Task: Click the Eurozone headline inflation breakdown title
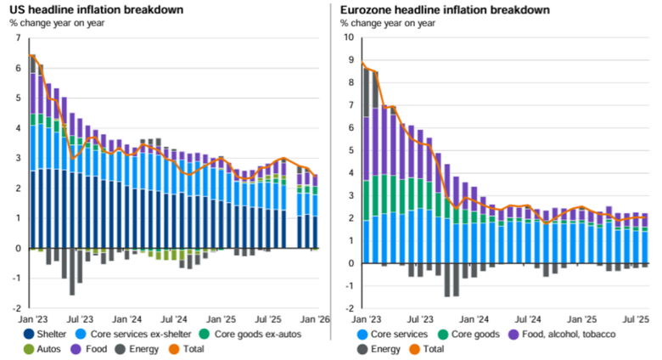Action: coord(433,9)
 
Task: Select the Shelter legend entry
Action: coord(52,334)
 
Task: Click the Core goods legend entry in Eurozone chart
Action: coord(472,334)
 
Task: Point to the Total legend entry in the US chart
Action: coord(204,348)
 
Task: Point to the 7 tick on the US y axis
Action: coord(18,37)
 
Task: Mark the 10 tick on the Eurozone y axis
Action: coord(348,37)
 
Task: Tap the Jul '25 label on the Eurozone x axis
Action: coord(635,319)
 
